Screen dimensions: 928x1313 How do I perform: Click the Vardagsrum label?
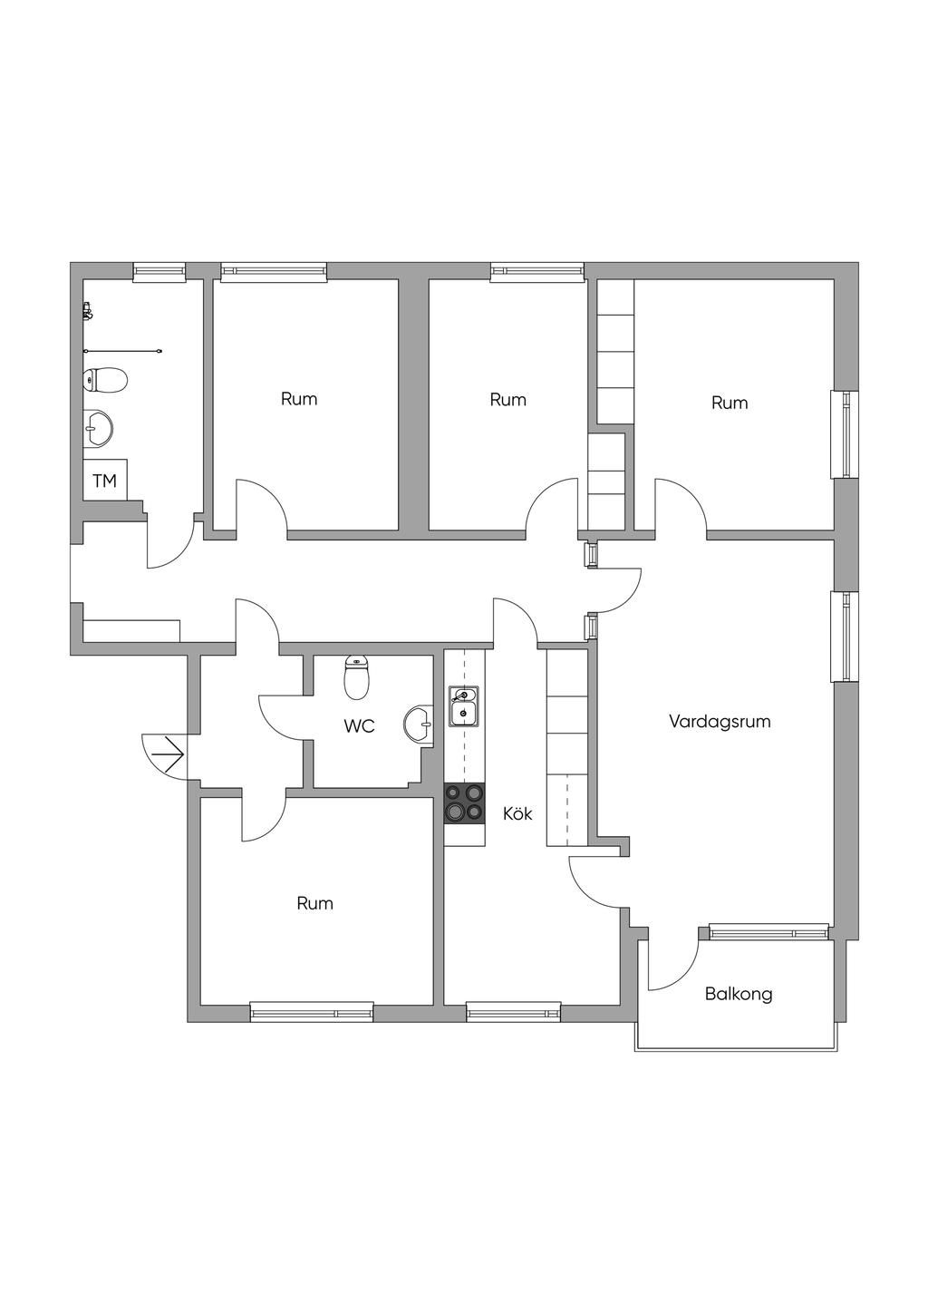coord(720,721)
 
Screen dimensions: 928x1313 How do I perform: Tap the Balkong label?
coord(739,994)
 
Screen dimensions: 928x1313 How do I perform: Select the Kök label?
coord(517,813)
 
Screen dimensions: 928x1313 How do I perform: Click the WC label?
coord(359,726)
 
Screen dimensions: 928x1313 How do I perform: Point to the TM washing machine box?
coord(105,480)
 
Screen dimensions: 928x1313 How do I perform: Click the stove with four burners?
coord(465,803)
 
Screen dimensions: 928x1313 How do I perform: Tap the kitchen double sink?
coord(464,705)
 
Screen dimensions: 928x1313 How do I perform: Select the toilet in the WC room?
coord(356,677)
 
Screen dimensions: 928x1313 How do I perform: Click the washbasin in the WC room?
coord(419,725)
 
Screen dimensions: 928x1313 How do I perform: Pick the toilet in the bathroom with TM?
coord(105,381)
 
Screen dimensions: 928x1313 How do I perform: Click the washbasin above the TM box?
coord(98,429)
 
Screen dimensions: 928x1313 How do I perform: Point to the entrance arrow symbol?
coord(170,754)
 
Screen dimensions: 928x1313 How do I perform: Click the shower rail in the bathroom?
coord(122,351)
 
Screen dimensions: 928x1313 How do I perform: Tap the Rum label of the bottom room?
coord(314,903)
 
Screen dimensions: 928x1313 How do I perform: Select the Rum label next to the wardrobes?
coord(730,403)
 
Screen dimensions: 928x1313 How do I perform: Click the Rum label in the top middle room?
coord(507,400)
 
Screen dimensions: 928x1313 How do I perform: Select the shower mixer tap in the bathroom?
coord(87,310)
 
